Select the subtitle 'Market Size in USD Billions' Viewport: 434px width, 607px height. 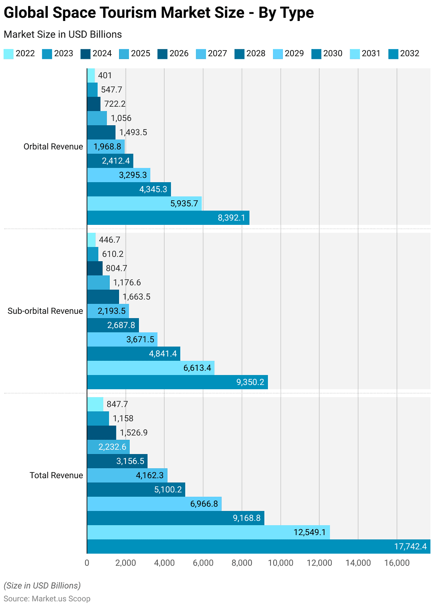[63, 34]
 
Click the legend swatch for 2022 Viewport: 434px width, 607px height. [8, 54]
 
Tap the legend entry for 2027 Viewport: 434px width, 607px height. [211, 54]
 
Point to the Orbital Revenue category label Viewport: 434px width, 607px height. [53, 147]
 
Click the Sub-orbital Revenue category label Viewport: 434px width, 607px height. [45, 311]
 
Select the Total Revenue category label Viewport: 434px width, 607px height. [56, 475]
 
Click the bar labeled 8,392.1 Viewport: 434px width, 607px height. [168, 218]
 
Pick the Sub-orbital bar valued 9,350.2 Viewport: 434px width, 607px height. [177, 382]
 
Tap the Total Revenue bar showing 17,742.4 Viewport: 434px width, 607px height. [258, 547]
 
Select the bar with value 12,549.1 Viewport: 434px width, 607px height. [208, 532]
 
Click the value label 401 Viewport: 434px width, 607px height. [105, 75]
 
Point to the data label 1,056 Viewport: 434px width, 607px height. [121, 118]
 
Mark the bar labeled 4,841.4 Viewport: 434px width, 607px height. [133, 354]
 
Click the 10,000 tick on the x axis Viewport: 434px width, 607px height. [280, 563]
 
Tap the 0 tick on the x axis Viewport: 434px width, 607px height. [87, 563]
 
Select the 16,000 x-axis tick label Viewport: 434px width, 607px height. [397, 563]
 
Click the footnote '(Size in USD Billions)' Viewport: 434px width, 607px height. [42, 586]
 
